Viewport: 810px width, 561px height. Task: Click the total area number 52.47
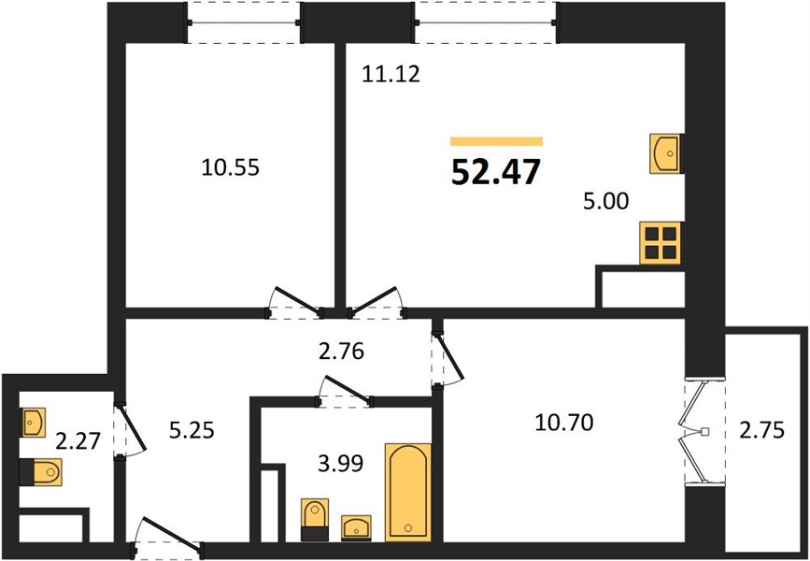coord(496,172)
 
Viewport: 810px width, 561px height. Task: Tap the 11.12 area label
coord(391,75)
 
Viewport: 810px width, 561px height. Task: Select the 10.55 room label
coord(231,167)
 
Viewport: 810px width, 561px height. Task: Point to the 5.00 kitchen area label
coord(606,201)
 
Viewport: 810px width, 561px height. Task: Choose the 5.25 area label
coord(192,430)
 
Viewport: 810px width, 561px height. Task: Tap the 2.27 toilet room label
coord(78,441)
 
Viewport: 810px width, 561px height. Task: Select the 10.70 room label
coord(564,424)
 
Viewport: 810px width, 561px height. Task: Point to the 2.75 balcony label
coord(761,430)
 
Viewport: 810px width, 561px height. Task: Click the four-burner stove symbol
coord(661,242)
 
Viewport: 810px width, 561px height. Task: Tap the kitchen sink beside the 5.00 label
coord(666,153)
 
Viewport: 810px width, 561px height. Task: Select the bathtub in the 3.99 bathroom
coord(407,492)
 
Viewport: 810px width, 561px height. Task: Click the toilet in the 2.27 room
coord(41,471)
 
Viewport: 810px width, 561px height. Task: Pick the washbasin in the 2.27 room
coord(33,423)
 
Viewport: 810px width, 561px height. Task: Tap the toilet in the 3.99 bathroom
coord(315,520)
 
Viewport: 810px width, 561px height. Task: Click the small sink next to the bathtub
coord(357,528)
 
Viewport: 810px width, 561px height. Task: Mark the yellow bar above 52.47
coord(496,141)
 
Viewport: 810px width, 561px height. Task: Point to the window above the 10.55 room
coord(243,22)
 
